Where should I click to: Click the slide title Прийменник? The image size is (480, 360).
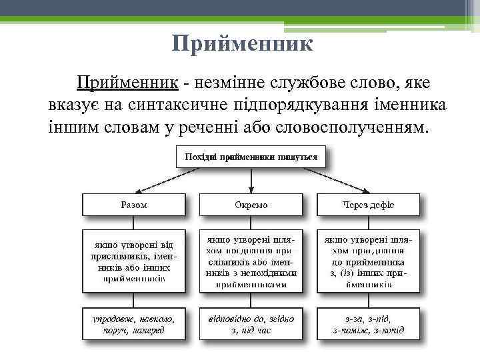[x=242, y=44]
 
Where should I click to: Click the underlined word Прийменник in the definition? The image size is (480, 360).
[x=127, y=83]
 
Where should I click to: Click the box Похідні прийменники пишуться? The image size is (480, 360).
[x=250, y=158]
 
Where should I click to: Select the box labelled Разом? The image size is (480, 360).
[x=134, y=205]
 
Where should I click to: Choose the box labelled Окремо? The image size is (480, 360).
[x=251, y=205]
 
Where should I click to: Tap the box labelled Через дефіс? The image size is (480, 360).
[x=368, y=205]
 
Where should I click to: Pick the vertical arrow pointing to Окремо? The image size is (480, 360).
[x=251, y=180]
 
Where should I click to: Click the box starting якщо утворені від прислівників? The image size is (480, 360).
[x=134, y=261]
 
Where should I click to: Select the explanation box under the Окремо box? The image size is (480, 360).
[x=251, y=261]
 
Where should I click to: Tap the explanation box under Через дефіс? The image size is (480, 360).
[x=368, y=261]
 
